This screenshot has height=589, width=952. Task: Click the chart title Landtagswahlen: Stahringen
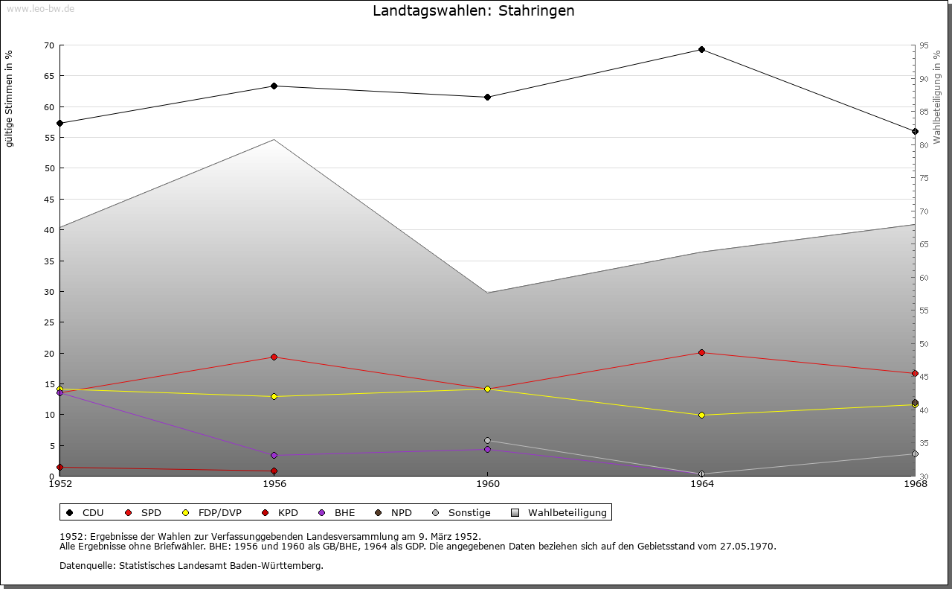(x=473, y=11)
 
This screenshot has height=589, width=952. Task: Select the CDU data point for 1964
(x=701, y=50)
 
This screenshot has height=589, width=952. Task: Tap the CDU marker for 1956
(x=274, y=86)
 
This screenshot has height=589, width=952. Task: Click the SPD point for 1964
(x=701, y=353)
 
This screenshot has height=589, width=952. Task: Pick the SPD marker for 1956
(x=274, y=357)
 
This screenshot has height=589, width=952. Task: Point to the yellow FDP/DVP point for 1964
(x=701, y=416)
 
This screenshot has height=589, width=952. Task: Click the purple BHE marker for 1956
(x=274, y=456)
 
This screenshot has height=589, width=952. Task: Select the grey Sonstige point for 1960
(x=487, y=441)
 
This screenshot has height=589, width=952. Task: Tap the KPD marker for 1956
(x=274, y=471)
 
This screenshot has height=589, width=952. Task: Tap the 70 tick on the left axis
(x=48, y=45)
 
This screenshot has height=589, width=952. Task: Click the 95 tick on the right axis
(x=924, y=45)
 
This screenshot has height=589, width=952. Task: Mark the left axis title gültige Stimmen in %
(x=10, y=99)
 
